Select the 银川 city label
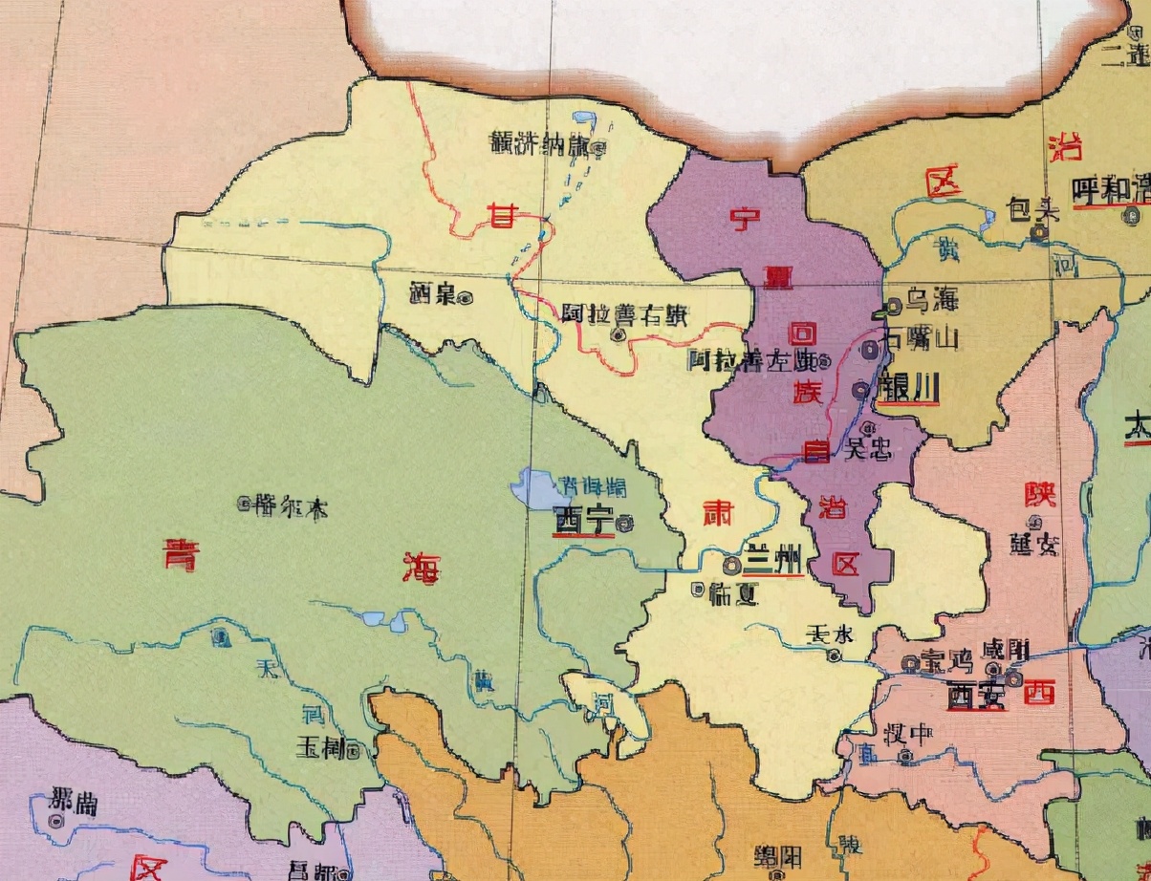pos(908,389)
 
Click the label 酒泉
pos(430,294)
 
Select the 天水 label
pos(828,634)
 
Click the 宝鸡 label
pos(945,661)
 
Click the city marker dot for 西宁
pos(624,523)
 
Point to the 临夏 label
pos(734,594)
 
